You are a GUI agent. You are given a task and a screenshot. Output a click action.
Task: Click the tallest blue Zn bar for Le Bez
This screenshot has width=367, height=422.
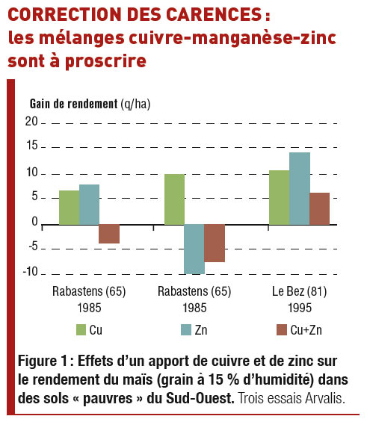pos(300,188)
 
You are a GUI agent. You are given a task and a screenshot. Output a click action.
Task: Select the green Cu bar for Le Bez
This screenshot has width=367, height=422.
pos(280,197)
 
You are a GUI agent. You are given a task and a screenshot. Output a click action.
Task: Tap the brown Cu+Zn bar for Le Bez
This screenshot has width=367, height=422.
pos(320,208)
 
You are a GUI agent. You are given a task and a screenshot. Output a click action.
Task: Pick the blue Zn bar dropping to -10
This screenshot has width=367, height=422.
pos(194,249)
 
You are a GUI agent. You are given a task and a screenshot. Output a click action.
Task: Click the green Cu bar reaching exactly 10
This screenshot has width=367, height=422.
pos(174,199)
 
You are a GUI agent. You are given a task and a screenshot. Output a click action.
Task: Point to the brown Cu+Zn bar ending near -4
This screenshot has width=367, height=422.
pos(109,234)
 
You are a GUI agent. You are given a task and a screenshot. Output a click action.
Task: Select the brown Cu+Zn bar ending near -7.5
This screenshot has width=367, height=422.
pos(215,243)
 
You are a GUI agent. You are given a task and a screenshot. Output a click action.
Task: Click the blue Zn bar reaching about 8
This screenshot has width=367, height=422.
pos(89,205)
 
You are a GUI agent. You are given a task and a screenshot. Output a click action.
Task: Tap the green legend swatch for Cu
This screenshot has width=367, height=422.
pos(81,329)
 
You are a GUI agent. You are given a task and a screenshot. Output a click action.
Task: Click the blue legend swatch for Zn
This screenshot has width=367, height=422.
pos(186,329)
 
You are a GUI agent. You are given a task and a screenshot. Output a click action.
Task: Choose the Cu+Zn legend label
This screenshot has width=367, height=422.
pos(306,330)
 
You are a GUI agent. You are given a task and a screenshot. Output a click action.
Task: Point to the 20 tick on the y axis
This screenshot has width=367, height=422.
pos(31,122)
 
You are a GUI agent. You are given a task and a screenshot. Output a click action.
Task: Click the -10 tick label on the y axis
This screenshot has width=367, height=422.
pos(31,272)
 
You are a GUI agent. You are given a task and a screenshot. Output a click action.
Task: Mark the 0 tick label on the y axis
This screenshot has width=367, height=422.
pos(34,222)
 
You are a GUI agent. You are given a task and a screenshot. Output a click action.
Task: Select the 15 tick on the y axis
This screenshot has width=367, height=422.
pos(32,146)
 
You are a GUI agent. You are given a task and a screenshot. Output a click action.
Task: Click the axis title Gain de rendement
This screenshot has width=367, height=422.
pos(73,104)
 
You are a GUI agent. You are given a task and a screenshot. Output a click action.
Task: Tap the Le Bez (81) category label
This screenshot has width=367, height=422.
pos(299,291)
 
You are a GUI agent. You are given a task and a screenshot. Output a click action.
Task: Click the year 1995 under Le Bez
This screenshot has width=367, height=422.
pos(300,308)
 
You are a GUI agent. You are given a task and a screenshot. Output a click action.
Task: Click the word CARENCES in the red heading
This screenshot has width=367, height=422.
pos(214,14)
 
